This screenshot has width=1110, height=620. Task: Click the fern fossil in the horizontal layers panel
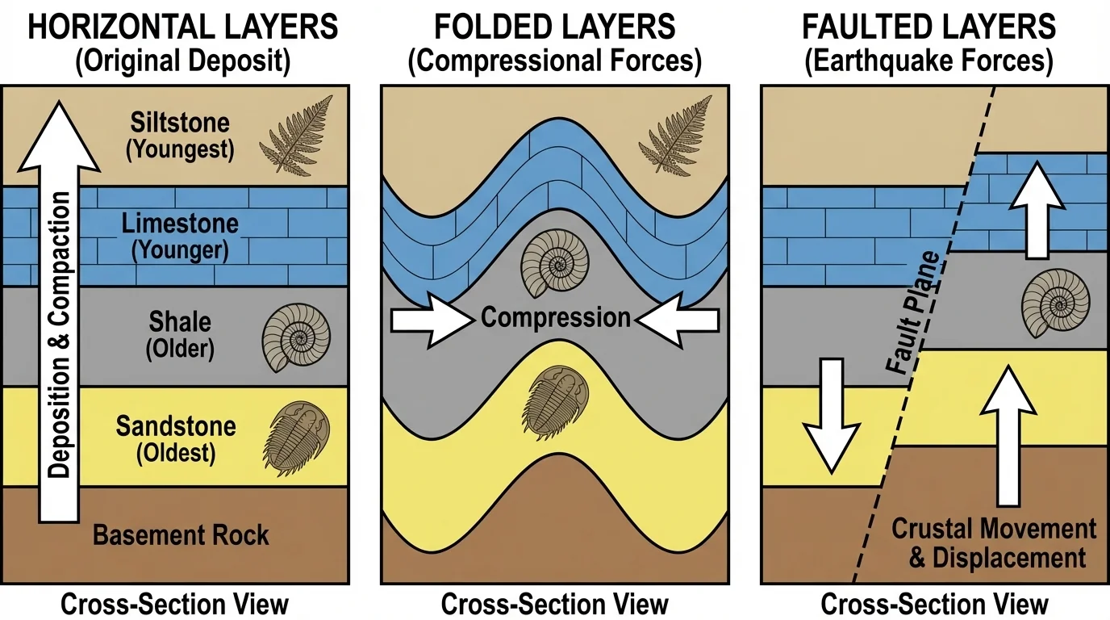[x=296, y=135]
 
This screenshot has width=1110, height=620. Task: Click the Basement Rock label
[x=182, y=534]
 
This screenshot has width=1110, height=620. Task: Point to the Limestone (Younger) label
[x=181, y=236]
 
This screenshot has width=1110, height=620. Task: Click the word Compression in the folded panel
[x=556, y=317]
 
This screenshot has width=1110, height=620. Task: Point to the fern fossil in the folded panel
[x=675, y=135]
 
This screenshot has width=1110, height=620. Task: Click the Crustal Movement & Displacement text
[x=993, y=543]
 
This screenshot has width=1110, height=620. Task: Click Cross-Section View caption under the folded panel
[x=555, y=604]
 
